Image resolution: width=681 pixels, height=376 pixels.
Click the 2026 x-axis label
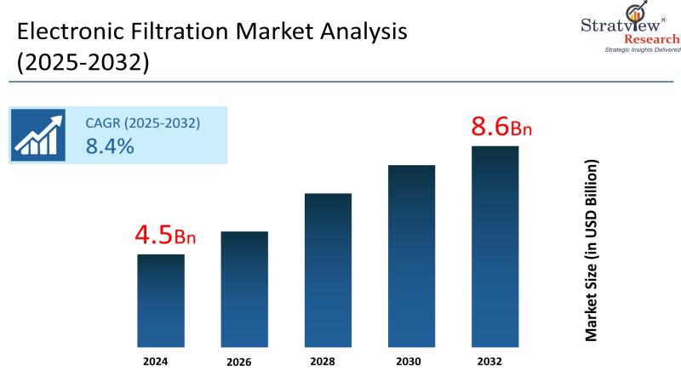(x=239, y=362)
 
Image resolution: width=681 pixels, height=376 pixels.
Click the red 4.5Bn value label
(x=165, y=236)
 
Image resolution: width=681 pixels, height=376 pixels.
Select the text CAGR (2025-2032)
(x=142, y=122)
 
